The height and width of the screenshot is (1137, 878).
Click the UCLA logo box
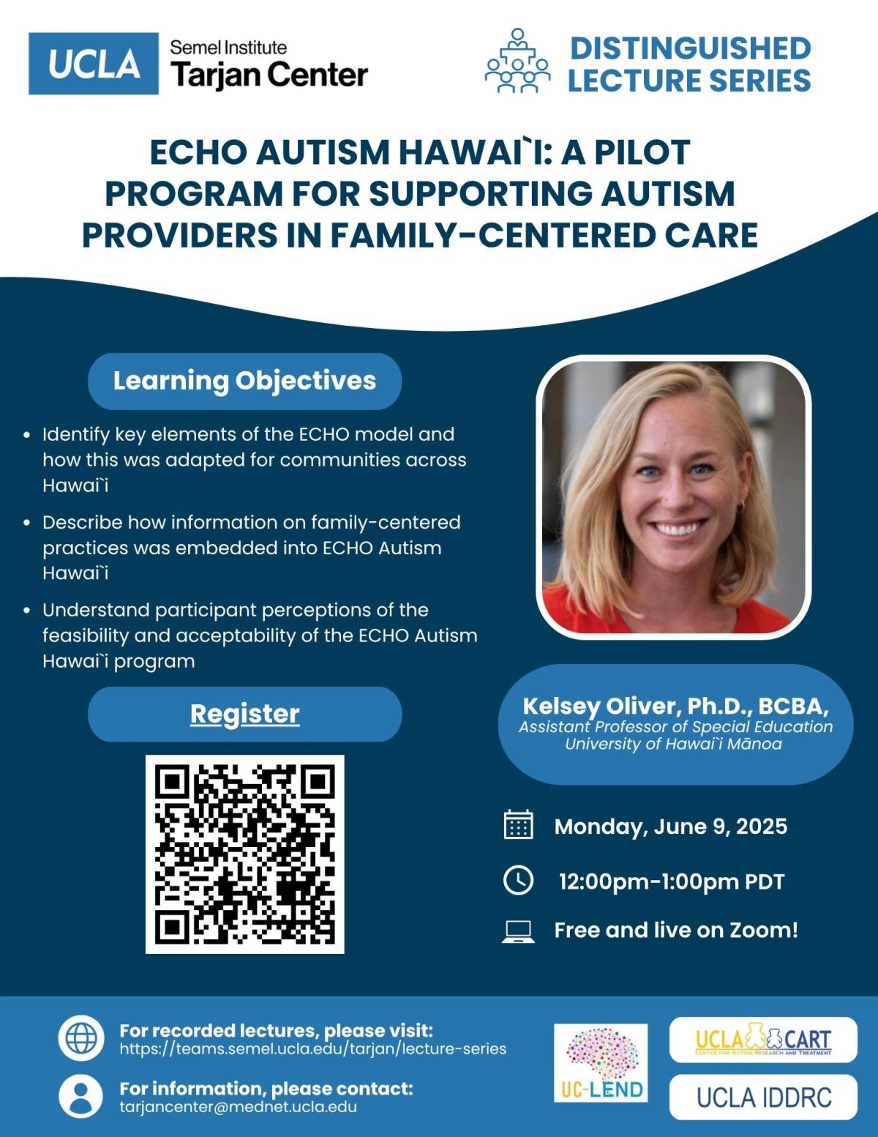tap(93, 63)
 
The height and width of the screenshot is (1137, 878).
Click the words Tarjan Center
tap(269, 74)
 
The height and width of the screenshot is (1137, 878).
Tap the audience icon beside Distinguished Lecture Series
tap(517, 60)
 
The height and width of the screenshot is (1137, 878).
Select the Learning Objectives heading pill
tap(244, 381)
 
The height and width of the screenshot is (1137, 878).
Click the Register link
tap(244, 714)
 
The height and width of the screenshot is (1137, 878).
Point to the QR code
tap(244, 854)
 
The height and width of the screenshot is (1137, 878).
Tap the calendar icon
tap(518, 825)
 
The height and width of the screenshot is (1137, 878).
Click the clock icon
tap(518, 880)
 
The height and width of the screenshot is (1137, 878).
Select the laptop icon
tap(518, 931)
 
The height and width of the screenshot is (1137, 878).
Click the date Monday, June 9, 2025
tap(671, 827)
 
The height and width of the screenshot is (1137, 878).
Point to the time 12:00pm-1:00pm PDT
tap(672, 881)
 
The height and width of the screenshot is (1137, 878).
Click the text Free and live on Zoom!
tap(676, 931)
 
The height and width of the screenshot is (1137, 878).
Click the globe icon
tap(81, 1037)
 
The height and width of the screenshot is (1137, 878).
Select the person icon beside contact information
tap(81, 1097)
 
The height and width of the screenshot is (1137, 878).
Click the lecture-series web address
tap(312, 1049)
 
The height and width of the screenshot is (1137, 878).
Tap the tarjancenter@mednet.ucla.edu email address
tap(239, 1107)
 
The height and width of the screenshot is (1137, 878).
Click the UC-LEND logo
tap(601, 1063)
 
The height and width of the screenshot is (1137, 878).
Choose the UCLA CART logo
tap(763, 1040)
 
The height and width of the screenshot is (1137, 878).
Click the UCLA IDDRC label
tap(763, 1097)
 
